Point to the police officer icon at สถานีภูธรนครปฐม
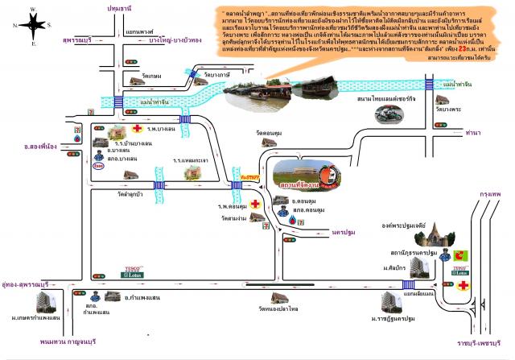447,254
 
